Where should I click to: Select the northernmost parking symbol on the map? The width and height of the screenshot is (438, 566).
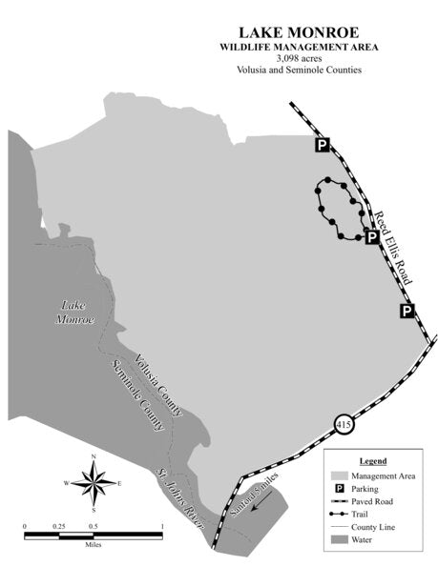coord(323,145)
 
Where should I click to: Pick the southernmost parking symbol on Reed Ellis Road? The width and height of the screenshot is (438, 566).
coord(407,311)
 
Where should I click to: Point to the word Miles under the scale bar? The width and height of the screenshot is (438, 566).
coord(93,546)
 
